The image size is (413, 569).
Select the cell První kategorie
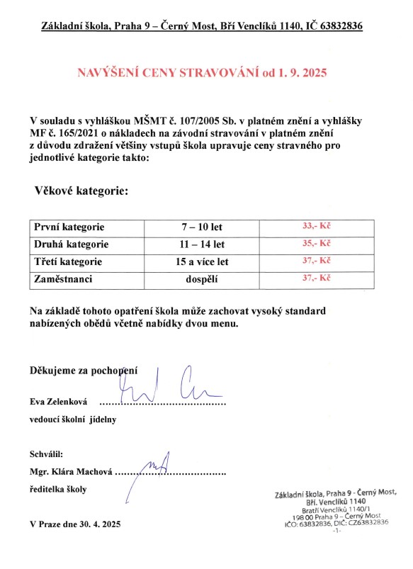coord(69,227)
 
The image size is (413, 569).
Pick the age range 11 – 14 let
coord(203,244)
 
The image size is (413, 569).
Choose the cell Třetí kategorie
coord(68,261)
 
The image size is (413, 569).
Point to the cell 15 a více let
coord(203,261)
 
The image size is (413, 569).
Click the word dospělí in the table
coord(203,279)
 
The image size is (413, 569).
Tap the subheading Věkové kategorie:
coord(81,191)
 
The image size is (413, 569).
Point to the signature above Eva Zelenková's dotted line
coord(170,386)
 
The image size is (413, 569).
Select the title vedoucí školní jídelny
coord(72,419)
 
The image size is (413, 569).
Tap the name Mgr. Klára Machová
coord(71,471)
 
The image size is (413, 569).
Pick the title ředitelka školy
coord(58,489)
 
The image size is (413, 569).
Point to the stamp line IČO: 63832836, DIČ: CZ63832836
coord(336,522)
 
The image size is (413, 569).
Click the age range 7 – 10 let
coord(203,227)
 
